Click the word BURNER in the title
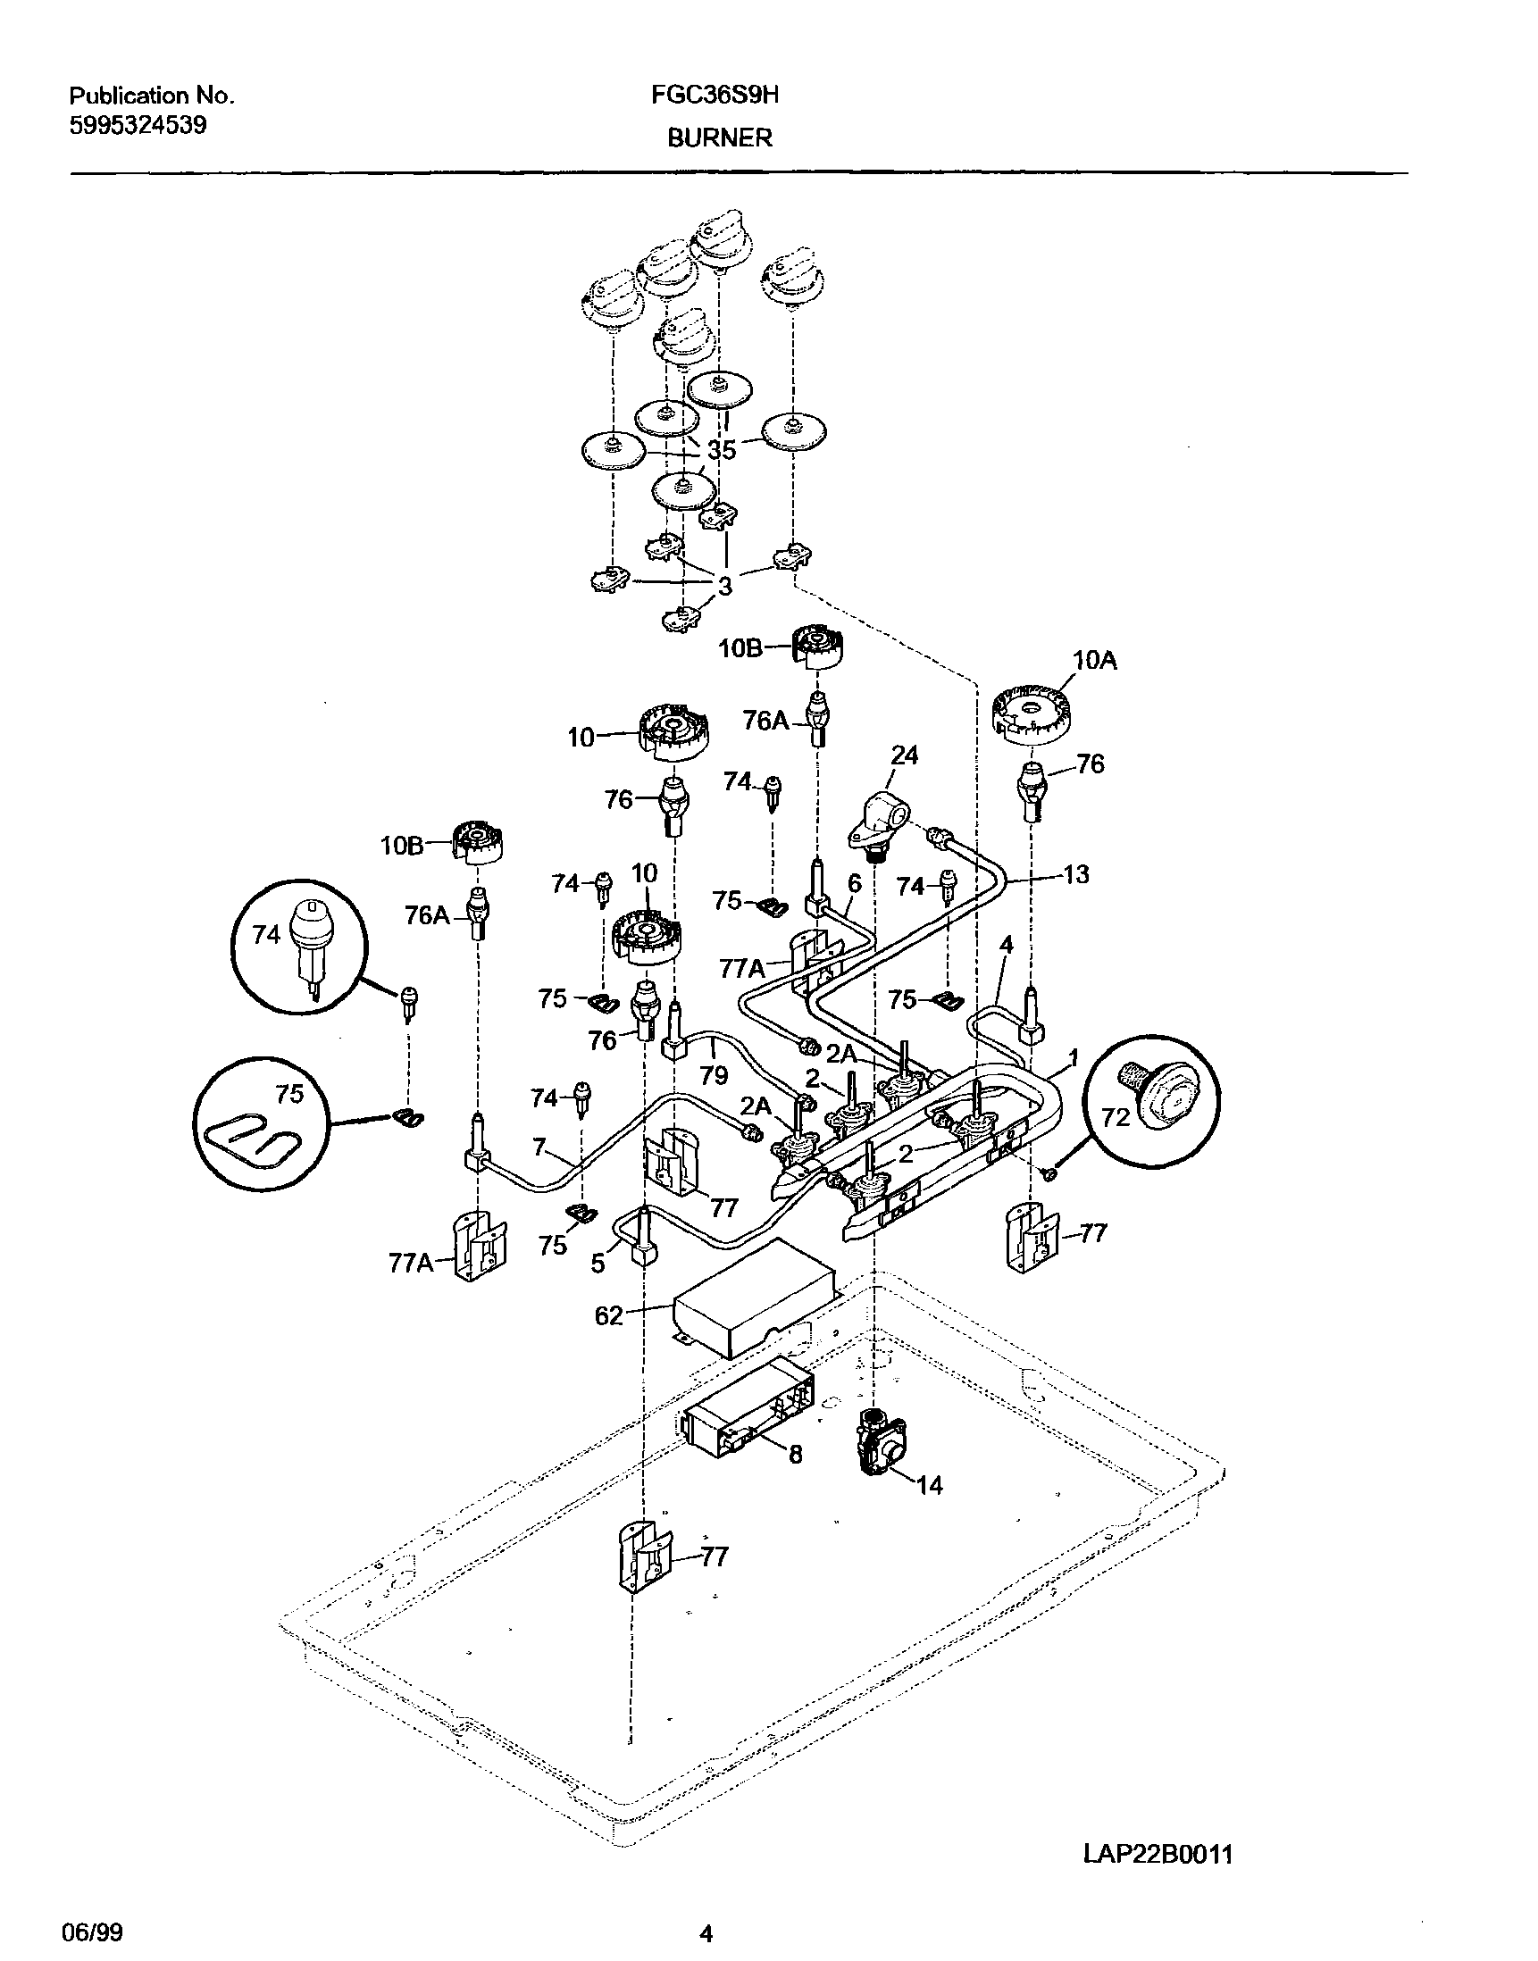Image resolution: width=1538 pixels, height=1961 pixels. [x=720, y=138]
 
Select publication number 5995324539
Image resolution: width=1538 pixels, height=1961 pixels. [x=138, y=124]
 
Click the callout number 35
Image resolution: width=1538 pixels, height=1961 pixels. [x=722, y=449]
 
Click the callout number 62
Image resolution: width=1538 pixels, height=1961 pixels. [x=609, y=1316]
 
